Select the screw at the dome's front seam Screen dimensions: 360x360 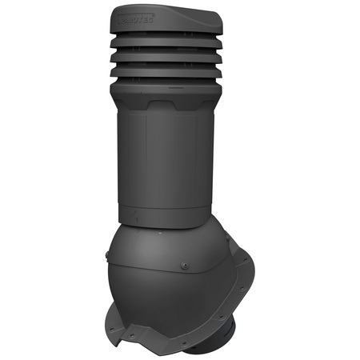pos(184,266)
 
